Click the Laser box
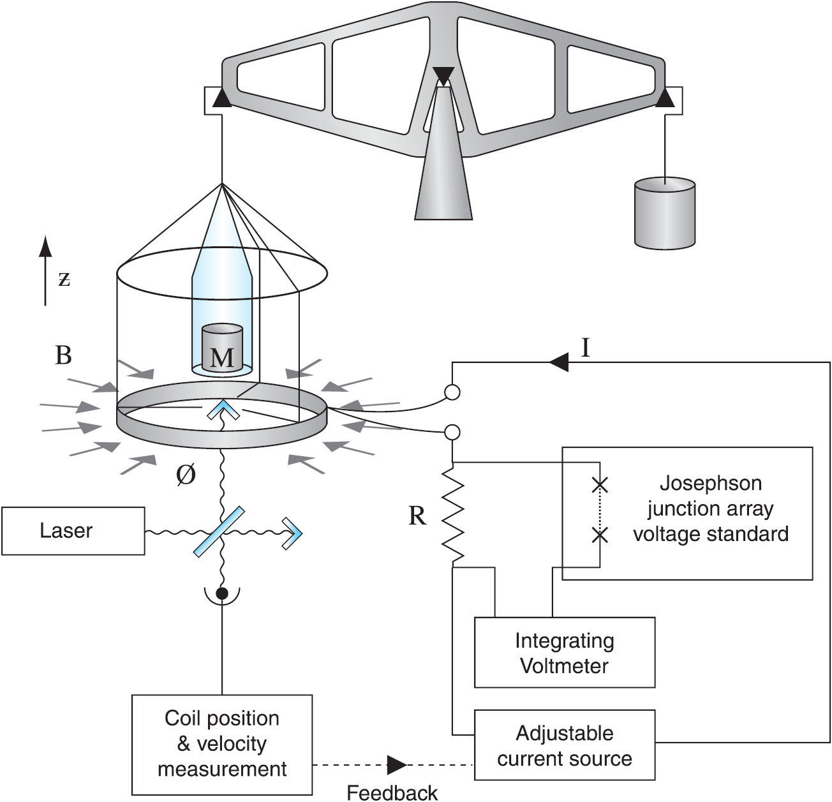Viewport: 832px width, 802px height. (x=73, y=531)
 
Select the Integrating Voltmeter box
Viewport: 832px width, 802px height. (x=565, y=653)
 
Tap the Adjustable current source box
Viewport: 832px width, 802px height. (x=565, y=745)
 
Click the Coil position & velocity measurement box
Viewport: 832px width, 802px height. (x=222, y=743)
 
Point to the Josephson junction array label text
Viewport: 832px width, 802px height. (x=710, y=509)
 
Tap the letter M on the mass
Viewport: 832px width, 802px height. (x=222, y=357)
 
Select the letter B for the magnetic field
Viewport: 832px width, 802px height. (x=63, y=355)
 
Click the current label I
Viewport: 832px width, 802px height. (x=585, y=348)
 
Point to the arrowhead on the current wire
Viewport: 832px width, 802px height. (x=558, y=363)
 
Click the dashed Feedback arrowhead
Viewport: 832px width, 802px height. (x=396, y=764)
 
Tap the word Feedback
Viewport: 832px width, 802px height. (x=392, y=792)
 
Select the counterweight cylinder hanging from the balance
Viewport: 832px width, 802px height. (x=665, y=214)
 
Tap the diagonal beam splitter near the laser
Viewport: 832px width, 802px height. (x=219, y=530)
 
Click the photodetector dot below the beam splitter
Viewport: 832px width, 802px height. (x=222, y=594)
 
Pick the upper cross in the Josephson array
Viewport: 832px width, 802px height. (x=599, y=486)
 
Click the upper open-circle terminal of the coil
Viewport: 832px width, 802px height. (x=452, y=392)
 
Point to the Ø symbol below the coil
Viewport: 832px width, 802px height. (x=185, y=475)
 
